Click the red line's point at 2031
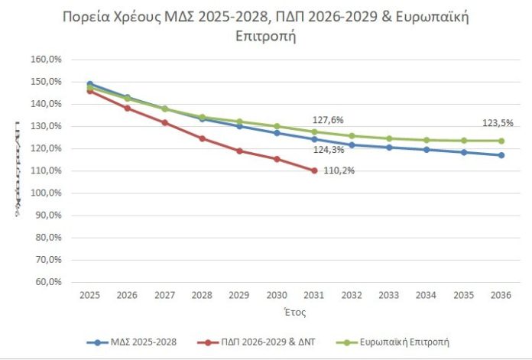(x=314, y=170)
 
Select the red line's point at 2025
(x=90, y=90)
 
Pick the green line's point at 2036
(x=501, y=141)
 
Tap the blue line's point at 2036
(x=501, y=155)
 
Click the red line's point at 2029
(x=239, y=151)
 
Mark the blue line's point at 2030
(x=277, y=133)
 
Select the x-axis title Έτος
(x=296, y=312)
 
